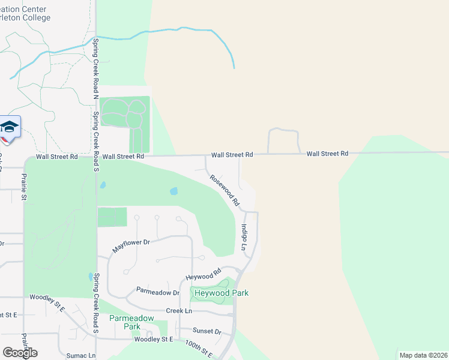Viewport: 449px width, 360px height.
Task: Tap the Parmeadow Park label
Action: tap(124, 322)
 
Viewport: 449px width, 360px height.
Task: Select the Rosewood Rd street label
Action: tap(224, 190)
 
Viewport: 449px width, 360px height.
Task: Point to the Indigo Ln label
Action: tap(244, 238)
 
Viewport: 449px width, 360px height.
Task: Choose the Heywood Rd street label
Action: tap(200, 277)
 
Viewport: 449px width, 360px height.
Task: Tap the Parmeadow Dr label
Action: tap(158, 293)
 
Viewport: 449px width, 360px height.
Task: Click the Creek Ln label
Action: tap(179, 311)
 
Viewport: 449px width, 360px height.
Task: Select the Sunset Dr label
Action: tap(207, 331)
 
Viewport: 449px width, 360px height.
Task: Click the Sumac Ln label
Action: tap(81, 356)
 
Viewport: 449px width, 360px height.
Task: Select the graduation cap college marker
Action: tap(10, 127)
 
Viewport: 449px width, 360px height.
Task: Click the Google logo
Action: tap(20, 353)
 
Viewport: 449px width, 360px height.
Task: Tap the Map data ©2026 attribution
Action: tap(423, 355)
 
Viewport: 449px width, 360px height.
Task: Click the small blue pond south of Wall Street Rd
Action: tap(174, 191)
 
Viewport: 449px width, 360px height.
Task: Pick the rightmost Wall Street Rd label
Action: tap(327, 154)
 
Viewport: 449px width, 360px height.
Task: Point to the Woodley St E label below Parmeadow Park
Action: tap(153, 340)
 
